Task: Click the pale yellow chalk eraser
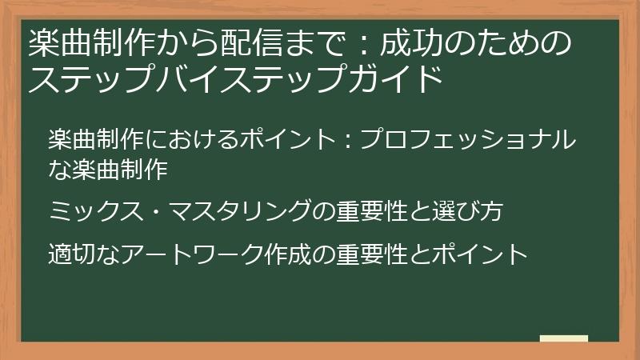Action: pos(563,339)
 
